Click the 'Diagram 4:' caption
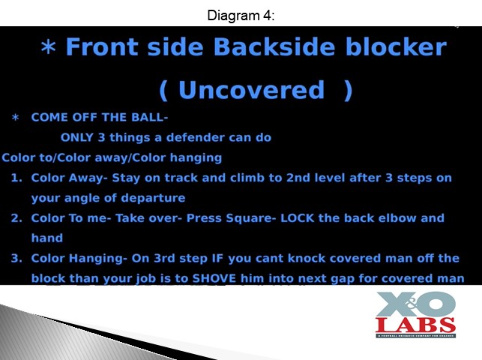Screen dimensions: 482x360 [x=241, y=15]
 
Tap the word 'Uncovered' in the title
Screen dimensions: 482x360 [x=251, y=90]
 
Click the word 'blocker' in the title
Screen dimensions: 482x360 [x=396, y=46]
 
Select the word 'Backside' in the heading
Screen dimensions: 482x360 [x=274, y=46]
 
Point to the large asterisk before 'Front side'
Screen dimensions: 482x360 [x=48, y=47]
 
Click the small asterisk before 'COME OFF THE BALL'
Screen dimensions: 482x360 [x=16, y=118]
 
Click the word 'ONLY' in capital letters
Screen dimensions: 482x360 [x=77, y=137]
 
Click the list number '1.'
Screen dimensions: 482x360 [x=16, y=178]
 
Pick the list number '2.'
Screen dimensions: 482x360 [x=16, y=218]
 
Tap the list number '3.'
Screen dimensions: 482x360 [x=16, y=258]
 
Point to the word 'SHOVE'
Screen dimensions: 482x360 [x=214, y=278]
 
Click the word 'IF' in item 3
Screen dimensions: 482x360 [x=217, y=258]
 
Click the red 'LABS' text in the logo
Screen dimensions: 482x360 [x=415, y=325]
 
